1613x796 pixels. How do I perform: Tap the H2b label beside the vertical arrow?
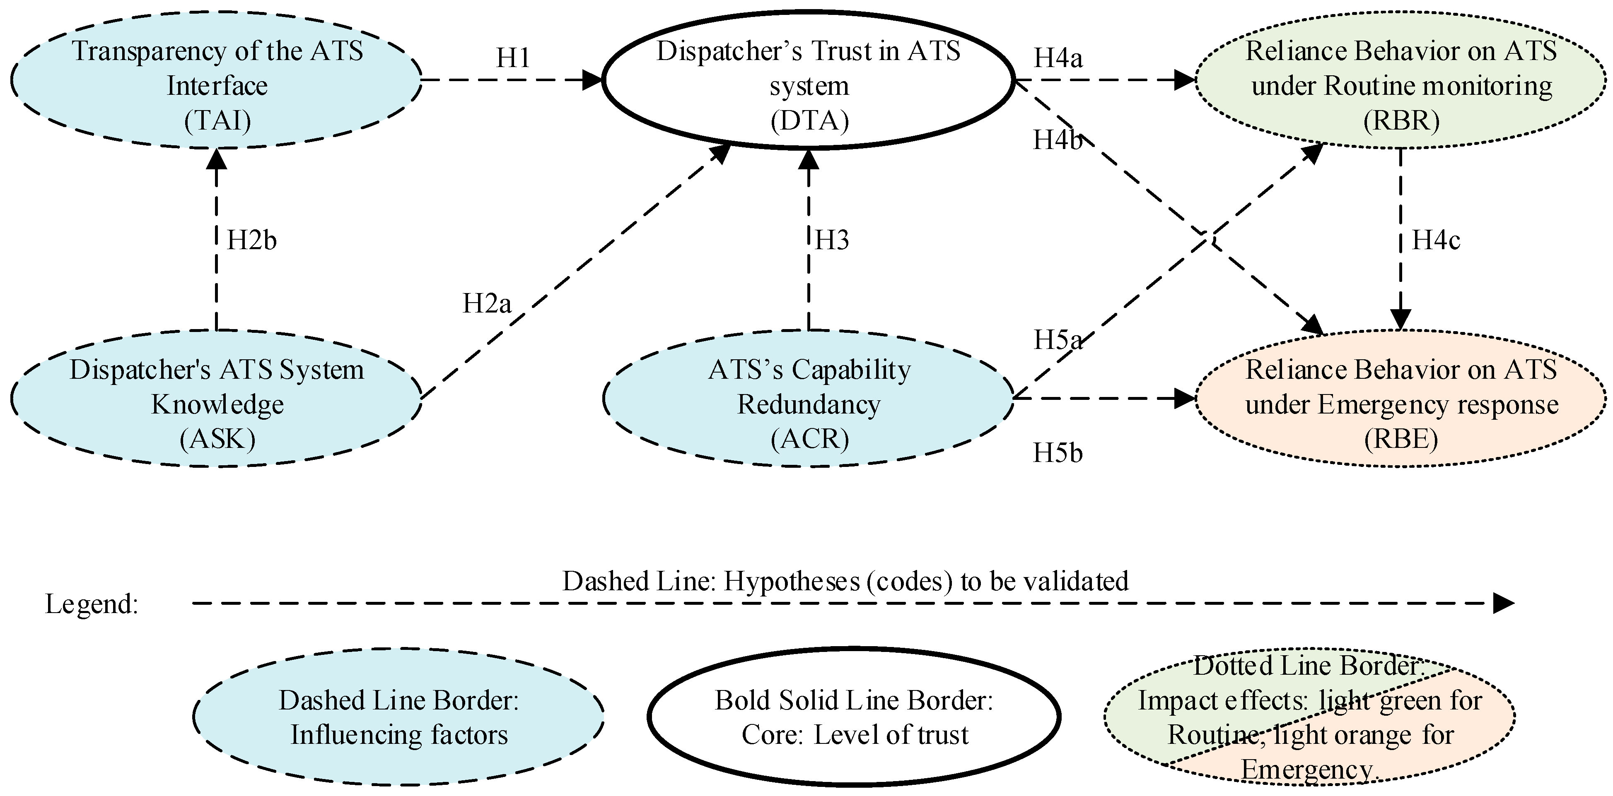[251, 240]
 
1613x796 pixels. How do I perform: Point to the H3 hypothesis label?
[831, 240]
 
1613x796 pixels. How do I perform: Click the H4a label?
[1058, 58]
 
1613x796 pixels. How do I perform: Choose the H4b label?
[1058, 140]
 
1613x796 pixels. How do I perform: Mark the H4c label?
[1435, 240]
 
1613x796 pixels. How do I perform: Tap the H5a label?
[1058, 340]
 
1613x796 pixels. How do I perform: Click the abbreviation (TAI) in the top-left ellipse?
[217, 120]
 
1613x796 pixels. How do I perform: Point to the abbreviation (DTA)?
[809, 120]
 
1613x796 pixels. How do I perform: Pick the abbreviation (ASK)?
[217, 439]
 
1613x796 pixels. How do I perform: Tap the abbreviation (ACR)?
[809, 439]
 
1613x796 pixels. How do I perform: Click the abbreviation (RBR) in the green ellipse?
[1401, 120]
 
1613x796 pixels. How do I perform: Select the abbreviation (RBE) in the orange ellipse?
[1401, 439]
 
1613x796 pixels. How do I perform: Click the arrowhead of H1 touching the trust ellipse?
[592, 79]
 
